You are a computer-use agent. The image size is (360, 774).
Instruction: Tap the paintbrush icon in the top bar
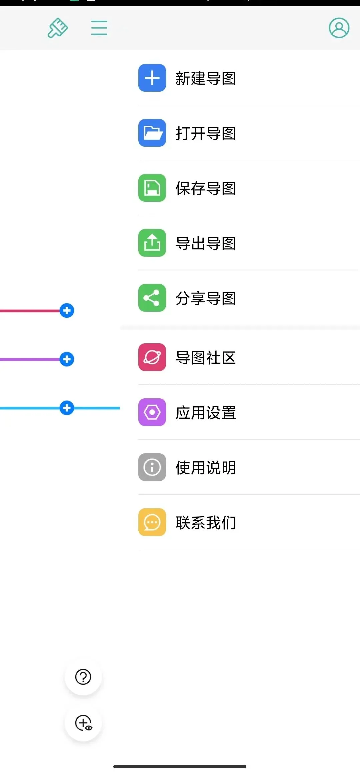point(58,28)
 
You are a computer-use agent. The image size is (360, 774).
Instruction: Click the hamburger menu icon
point(99,28)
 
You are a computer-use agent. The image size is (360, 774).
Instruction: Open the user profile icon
point(339,28)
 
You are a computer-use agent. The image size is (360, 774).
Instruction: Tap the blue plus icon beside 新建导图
point(152,78)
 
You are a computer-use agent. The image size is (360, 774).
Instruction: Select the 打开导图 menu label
point(206,133)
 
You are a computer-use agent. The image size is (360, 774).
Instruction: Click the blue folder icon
point(152,133)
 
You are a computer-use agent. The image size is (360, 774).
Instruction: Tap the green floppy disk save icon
point(152,188)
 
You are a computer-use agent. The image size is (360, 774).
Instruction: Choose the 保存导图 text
point(206,188)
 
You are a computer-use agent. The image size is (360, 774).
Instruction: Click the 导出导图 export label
point(206,243)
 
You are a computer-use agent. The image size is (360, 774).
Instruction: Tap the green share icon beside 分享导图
point(152,298)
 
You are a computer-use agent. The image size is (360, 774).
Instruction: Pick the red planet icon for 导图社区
point(152,357)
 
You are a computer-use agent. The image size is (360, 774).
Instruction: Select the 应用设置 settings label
point(206,413)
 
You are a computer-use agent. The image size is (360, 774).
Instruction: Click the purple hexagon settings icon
point(152,412)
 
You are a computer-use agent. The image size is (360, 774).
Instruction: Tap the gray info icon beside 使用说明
point(152,467)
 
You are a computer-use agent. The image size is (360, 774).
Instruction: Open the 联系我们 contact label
point(206,523)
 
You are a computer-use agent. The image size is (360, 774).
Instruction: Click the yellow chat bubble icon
point(152,522)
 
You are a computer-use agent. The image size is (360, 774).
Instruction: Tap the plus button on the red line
point(67,311)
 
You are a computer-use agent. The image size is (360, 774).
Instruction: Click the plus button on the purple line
point(67,359)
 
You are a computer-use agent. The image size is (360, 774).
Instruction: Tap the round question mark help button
point(83,677)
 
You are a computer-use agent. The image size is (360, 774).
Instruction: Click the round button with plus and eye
point(83,723)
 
